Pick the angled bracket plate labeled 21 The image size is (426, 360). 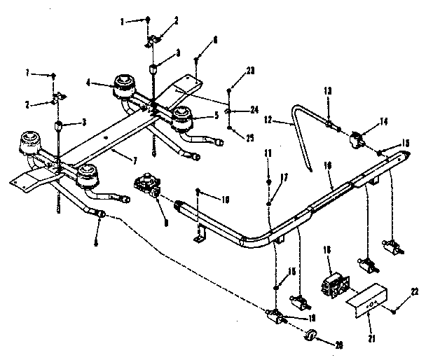click(x=365, y=295)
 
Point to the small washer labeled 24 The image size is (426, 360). click(x=230, y=111)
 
